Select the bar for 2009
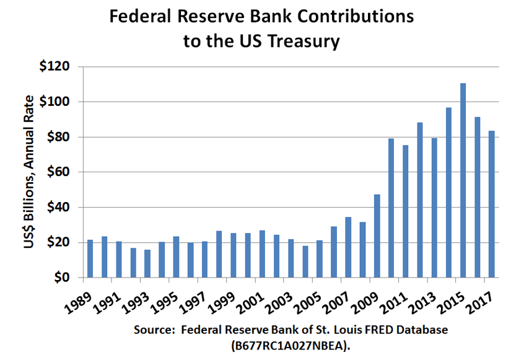tap(377, 236)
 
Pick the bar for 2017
tap(491, 204)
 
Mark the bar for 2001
tap(262, 254)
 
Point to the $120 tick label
tap(55, 66)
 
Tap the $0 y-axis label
tap(60, 278)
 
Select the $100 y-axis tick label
tap(55, 102)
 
